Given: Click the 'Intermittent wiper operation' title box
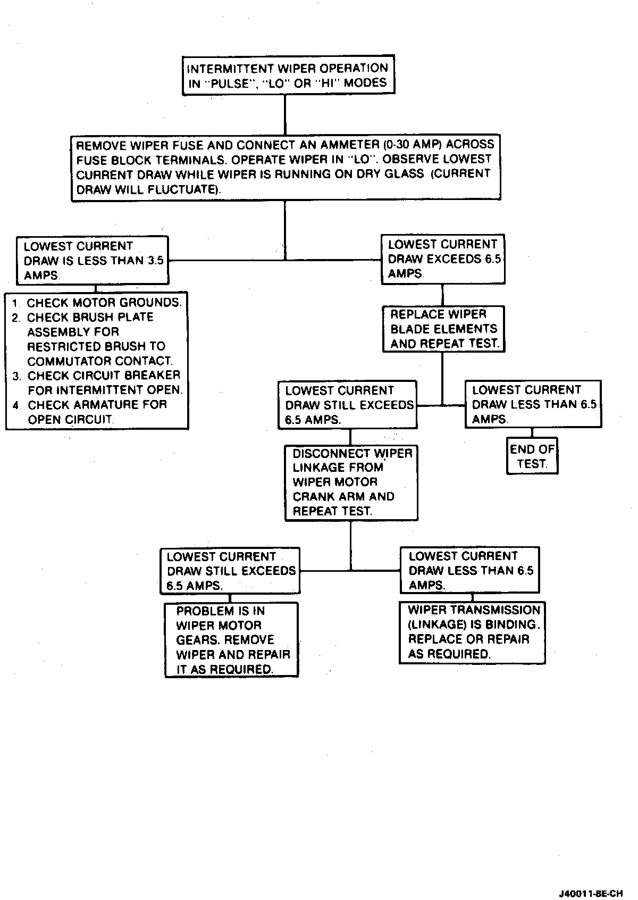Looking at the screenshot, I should (288, 76).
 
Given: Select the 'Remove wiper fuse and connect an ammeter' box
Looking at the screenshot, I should (286, 167).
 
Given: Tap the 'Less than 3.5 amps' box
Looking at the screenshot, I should (93, 261).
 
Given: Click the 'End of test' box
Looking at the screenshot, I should (532, 456).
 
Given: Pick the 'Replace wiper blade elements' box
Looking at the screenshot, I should (443, 329).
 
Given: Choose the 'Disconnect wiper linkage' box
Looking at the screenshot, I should (351, 482).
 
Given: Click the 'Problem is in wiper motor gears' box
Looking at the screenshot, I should (231, 640).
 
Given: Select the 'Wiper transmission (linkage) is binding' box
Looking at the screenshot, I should (473, 632).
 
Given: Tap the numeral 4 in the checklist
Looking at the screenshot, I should (16, 405).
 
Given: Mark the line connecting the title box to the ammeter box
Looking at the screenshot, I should (286, 114).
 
